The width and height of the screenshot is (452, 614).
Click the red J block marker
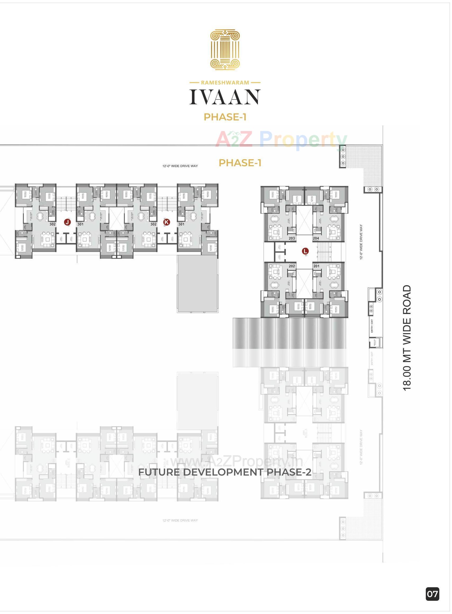pyautogui.click(x=67, y=222)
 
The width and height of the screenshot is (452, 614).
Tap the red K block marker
pyautogui.click(x=166, y=222)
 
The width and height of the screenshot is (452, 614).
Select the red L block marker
pyautogui.click(x=305, y=251)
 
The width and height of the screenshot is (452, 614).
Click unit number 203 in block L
pyautogui.click(x=292, y=238)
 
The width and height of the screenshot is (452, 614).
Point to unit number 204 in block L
pyautogui.click(x=316, y=238)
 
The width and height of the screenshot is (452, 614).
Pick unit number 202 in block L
pyautogui.click(x=292, y=266)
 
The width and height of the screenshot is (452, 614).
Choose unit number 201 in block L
pyautogui.click(x=316, y=266)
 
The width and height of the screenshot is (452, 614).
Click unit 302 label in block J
pyautogui.click(x=53, y=224)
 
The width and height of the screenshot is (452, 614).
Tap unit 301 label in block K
pyautogui.click(x=181, y=224)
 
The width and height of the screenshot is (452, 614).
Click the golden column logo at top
pyautogui.click(x=225, y=50)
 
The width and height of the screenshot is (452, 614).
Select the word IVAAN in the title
pyautogui.click(x=225, y=97)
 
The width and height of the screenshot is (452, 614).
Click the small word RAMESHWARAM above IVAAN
pyautogui.click(x=225, y=82)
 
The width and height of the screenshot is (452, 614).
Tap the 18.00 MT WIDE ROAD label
pyautogui.click(x=407, y=338)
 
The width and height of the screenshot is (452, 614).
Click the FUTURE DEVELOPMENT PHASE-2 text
pyautogui.click(x=225, y=472)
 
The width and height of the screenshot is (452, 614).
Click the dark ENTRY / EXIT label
pyautogui.click(x=372, y=326)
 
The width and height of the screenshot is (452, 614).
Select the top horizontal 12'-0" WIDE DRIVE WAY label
pyautogui.click(x=180, y=166)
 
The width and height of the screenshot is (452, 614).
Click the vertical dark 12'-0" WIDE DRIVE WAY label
pyautogui.click(x=361, y=242)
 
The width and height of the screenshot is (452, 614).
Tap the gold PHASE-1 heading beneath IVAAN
pyautogui.click(x=225, y=117)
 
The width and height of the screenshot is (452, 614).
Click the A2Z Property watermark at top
pyautogui.click(x=281, y=139)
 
